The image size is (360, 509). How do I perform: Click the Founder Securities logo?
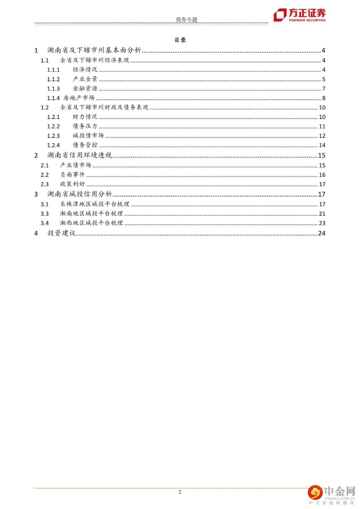pyautogui.click(x=299, y=15)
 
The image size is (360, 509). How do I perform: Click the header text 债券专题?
pyautogui.click(x=186, y=20)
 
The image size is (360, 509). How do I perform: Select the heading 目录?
pyautogui.click(x=180, y=40)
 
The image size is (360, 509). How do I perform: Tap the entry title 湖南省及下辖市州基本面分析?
pyautogui.click(x=94, y=50)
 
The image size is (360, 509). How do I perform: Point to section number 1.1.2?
pyautogui.click(x=53, y=79)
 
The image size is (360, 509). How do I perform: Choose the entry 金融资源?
pyautogui.click(x=85, y=89)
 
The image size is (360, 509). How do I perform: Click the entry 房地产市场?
pyautogui.click(x=79, y=98)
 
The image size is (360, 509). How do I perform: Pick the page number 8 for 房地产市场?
pyautogui.click(x=324, y=98)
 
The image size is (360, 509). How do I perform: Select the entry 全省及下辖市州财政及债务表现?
pyautogui.click(x=104, y=107)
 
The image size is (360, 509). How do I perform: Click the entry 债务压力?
pyautogui.click(x=85, y=126)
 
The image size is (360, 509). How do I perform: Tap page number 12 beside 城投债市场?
pyautogui.click(x=322, y=136)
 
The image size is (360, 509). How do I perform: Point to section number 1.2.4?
pyautogui.click(x=53, y=145)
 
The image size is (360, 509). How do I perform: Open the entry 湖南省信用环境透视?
pyautogui.click(x=79, y=155)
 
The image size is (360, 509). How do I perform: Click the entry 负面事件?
pyautogui.click(x=72, y=175)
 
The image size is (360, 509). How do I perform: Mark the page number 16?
pyautogui.click(x=322, y=175)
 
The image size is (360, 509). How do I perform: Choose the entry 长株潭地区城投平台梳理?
pyautogui.click(x=95, y=204)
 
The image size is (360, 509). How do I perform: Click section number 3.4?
pyautogui.click(x=45, y=223)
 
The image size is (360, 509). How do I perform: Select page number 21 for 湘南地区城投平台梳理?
pyautogui.click(x=322, y=214)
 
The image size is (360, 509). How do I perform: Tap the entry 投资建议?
pyautogui.click(x=61, y=233)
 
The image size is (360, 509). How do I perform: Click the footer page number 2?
pyautogui.click(x=180, y=492)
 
